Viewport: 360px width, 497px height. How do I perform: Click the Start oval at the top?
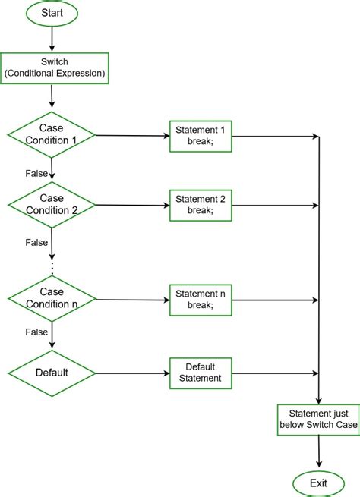click(51, 13)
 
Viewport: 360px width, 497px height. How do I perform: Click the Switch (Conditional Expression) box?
click(51, 69)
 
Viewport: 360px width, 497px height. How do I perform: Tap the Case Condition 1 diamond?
click(51, 135)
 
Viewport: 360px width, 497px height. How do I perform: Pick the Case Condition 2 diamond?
click(51, 205)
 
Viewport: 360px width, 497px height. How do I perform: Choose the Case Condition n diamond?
click(51, 299)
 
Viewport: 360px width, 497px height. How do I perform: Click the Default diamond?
click(51, 373)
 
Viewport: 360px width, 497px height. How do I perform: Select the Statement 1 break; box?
click(201, 136)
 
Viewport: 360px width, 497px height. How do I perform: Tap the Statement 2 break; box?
click(201, 205)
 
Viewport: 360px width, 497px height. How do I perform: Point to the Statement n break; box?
click(201, 299)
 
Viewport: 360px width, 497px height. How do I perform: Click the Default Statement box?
click(201, 373)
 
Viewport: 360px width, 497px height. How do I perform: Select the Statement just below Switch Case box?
click(318, 419)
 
